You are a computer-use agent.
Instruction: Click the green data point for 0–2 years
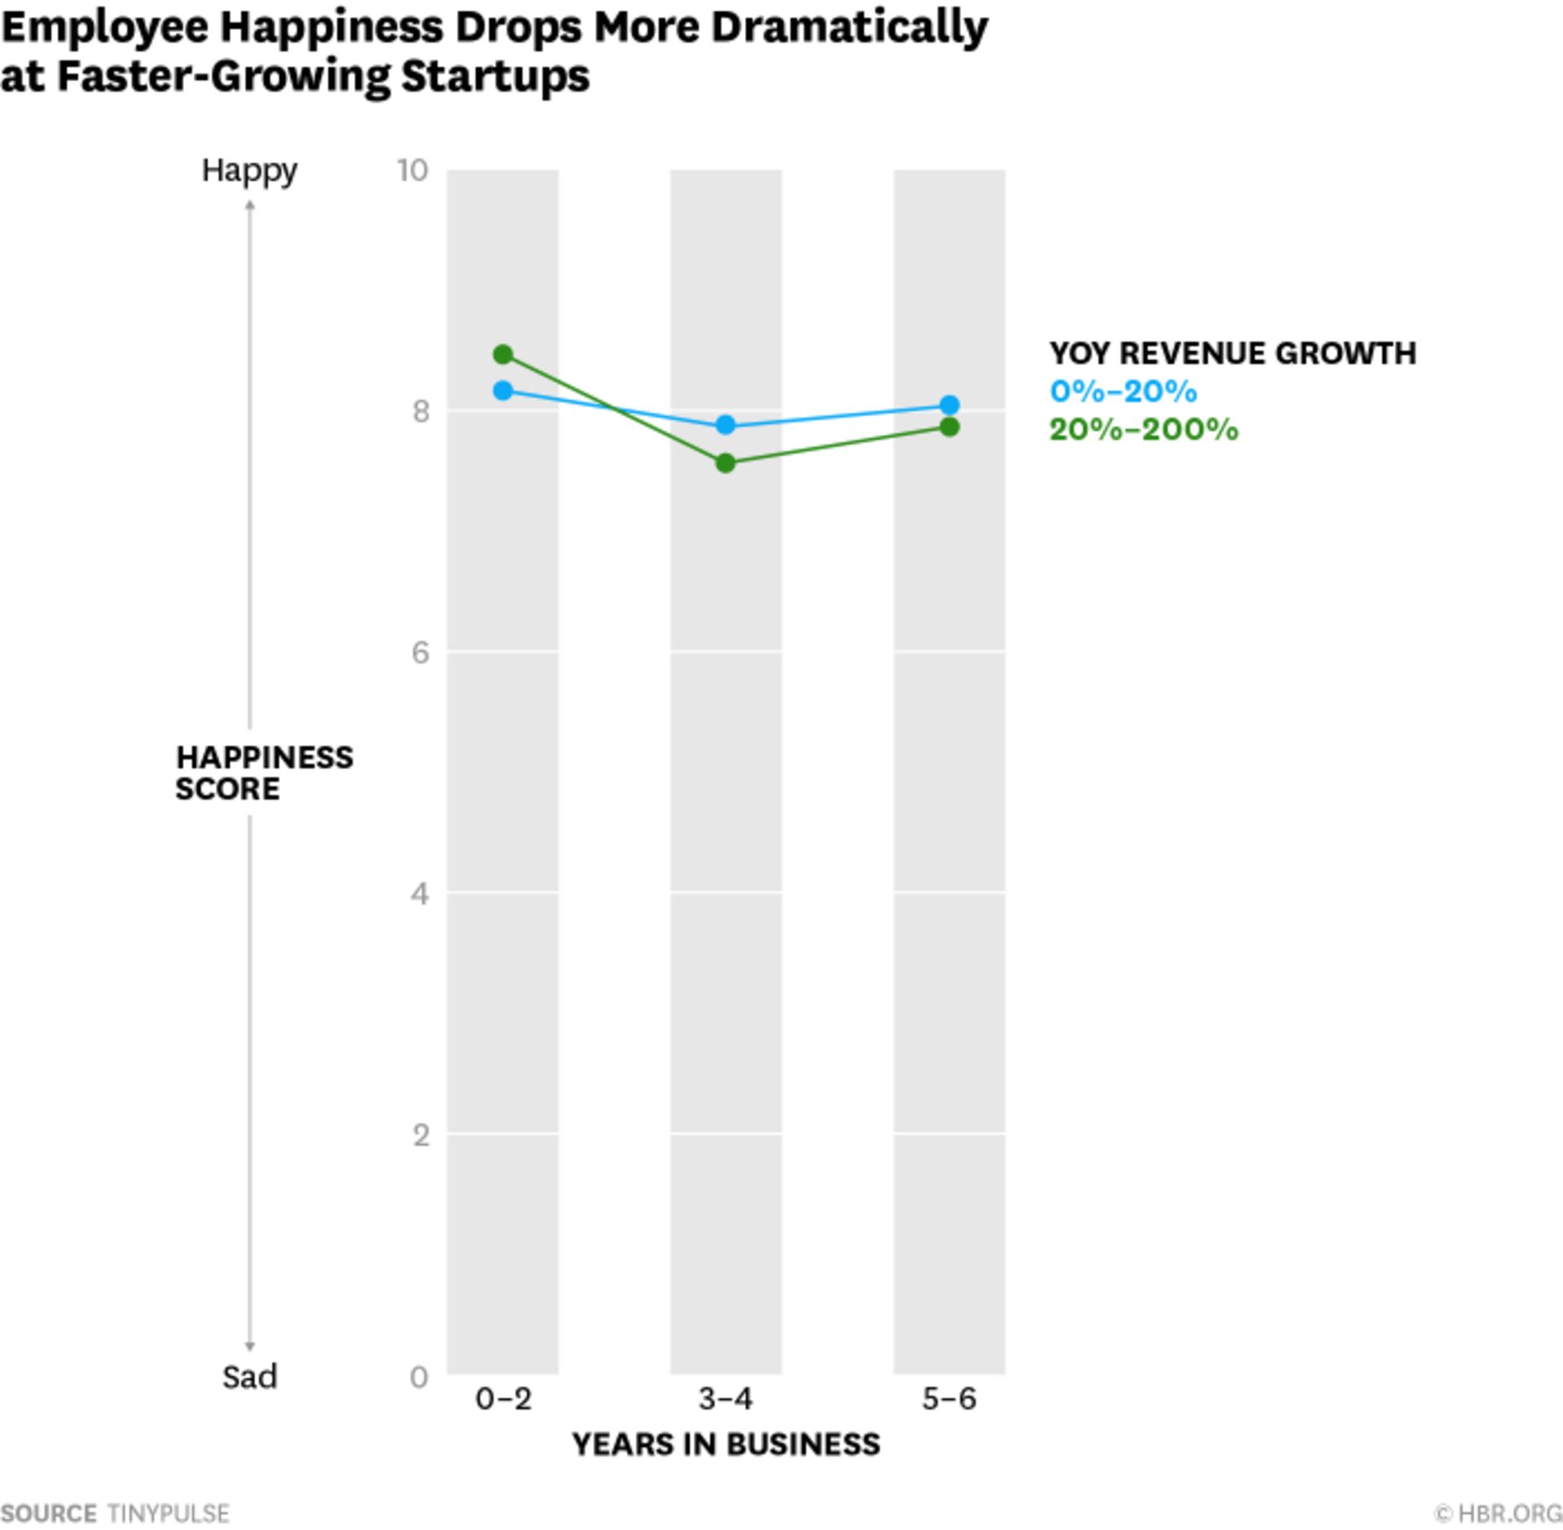[x=503, y=354]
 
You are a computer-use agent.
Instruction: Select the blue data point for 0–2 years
[x=503, y=391]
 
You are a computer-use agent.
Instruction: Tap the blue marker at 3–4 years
[x=725, y=425]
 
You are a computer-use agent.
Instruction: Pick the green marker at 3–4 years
[x=725, y=463]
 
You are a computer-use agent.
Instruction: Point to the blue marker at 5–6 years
[x=949, y=405]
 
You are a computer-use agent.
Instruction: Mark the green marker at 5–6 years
[x=949, y=427]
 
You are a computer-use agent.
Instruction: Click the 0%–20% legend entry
[x=1123, y=392]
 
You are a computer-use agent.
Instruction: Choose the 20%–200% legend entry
[x=1144, y=429]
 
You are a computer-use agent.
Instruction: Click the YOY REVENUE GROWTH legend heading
[x=1232, y=353]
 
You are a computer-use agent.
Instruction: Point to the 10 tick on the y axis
[x=413, y=170]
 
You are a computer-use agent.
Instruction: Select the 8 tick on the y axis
[x=420, y=411]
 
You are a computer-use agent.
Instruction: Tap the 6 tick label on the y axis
[x=420, y=652]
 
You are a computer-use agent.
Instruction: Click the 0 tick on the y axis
[x=419, y=1377]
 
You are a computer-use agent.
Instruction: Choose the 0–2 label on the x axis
[x=503, y=1399]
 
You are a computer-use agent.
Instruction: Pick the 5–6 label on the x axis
[x=949, y=1399]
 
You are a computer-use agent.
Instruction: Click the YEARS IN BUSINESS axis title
[x=725, y=1445]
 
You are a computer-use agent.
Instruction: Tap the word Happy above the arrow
[x=249, y=171]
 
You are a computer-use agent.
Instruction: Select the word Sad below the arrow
[x=250, y=1377]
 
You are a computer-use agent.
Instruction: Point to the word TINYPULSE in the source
[x=169, y=1514]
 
